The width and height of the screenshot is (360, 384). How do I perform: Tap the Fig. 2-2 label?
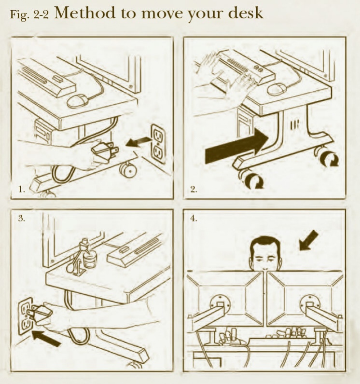(29, 14)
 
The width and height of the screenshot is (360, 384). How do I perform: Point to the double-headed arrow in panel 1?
(138, 142)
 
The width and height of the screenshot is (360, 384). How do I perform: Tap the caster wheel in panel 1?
(128, 170)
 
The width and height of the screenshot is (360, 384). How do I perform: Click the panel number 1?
(22, 189)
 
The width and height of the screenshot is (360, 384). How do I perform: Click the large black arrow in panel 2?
(237, 146)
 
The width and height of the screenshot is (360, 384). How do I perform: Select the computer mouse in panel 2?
(277, 89)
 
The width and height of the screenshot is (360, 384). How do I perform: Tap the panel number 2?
(194, 189)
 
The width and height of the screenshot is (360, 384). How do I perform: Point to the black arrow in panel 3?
(46, 338)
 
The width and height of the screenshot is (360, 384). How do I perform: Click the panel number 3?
(22, 218)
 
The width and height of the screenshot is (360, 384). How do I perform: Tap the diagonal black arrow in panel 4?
(308, 241)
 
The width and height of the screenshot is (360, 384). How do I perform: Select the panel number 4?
(194, 218)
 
